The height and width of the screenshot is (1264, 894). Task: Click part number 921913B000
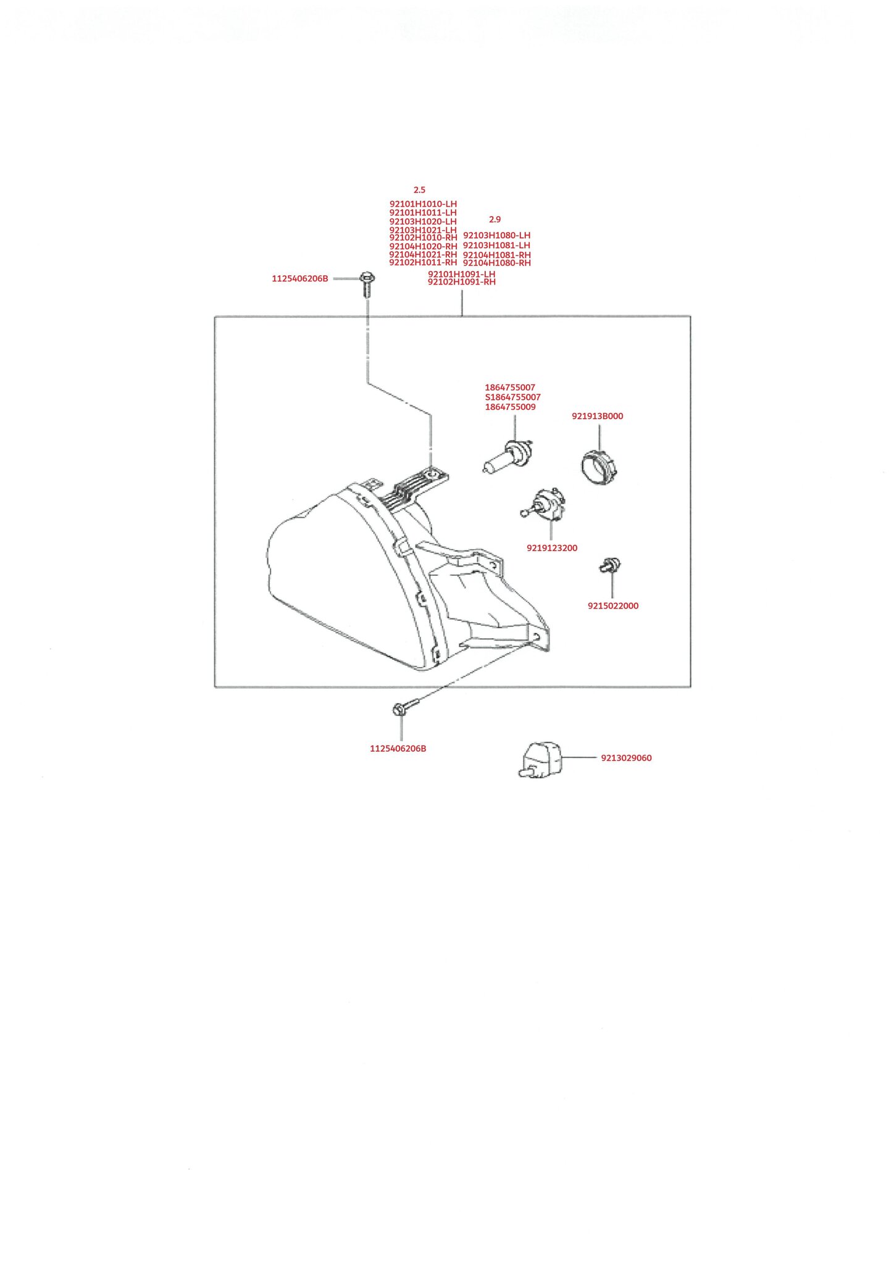[x=597, y=416]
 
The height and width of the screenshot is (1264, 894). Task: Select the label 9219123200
[x=552, y=548]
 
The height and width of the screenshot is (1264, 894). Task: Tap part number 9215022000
[x=613, y=606]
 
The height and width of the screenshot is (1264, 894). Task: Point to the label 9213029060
[x=626, y=758]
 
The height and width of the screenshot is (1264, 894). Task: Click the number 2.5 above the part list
[x=419, y=190]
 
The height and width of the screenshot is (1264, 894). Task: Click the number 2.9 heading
[x=495, y=219]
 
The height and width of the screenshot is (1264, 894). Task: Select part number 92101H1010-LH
[x=423, y=204]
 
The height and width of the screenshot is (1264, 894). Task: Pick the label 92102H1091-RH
[x=462, y=282]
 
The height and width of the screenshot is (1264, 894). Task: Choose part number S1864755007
[x=512, y=397]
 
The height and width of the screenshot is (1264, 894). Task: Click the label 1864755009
[x=510, y=407]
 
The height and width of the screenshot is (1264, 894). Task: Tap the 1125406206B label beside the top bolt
[x=300, y=279]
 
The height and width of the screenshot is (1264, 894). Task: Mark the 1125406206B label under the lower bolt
[x=398, y=749]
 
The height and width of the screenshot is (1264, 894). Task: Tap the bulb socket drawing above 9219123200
[x=544, y=503]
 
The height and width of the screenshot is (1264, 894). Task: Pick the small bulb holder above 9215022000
[x=610, y=565]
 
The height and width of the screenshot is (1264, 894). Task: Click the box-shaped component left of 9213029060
[x=540, y=760]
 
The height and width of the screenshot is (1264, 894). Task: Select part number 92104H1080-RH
[x=497, y=263]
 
